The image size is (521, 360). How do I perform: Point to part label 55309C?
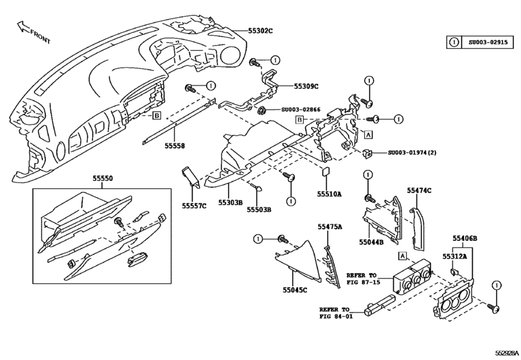point(306,86)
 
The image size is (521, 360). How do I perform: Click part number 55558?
point(174,146)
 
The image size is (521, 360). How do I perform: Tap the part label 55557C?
point(193,206)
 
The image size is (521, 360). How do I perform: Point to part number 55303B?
point(230,203)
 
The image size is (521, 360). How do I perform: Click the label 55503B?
point(259,210)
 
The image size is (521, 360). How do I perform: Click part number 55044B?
point(371,242)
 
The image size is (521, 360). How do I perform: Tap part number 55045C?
point(294,290)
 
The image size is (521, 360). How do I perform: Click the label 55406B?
point(464,239)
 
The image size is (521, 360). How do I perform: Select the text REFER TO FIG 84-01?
point(336,312)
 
